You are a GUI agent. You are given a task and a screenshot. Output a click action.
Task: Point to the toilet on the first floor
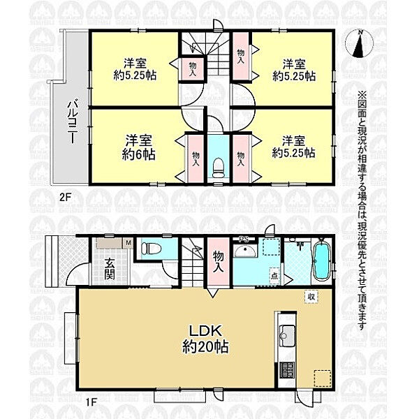[x=150, y=248]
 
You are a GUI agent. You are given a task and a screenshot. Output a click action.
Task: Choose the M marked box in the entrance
[x=128, y=242]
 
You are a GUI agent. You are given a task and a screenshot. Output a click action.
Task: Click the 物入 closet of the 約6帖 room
[x=195, y=159]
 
